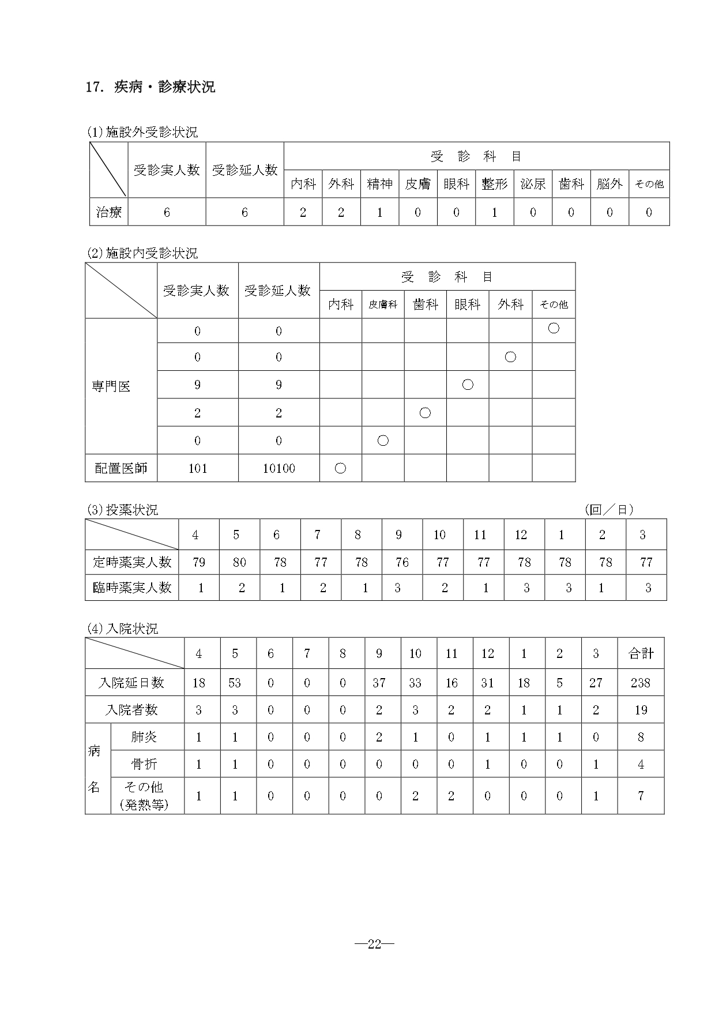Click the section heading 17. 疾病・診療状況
pos(150,87)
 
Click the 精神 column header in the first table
pos(379,184)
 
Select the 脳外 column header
pos(609,184)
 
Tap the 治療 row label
pos(108,212)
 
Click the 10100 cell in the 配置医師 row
pos(279,468)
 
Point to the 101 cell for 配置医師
pos(197,468)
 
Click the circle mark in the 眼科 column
pos(468,384)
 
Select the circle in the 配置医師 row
pos(340,468)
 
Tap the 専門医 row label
pos(111,386)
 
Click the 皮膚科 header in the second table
pos(383,304)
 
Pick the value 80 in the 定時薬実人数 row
pos(239,562)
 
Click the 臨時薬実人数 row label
pos(132,588)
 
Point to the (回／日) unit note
pos(609,509)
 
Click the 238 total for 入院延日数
pos(640,683)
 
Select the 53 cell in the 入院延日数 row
pos(235,683)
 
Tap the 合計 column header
pos(641,653)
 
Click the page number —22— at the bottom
pos(374,943)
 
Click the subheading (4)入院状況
pos(122,629)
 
